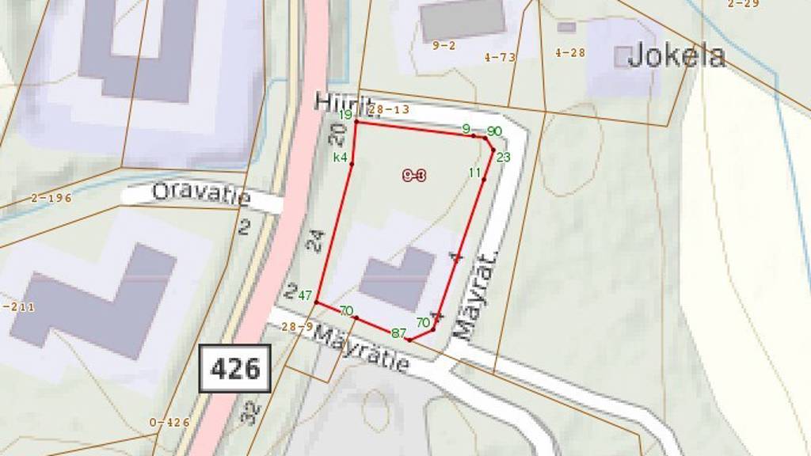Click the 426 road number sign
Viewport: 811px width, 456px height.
click(x=235, y=368)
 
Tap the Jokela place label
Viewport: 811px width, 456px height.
click(x=676, y=55)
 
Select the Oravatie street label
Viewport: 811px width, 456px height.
click(x=201, y=193)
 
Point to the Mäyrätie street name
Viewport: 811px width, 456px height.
click(x=362, y=349)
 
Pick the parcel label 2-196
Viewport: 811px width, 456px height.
click(x=51, y=198)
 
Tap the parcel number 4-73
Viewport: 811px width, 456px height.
click(x=500, y=57)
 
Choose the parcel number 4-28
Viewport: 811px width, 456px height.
click(x=569, y=53)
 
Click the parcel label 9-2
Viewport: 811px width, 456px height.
click(x=444, y=45)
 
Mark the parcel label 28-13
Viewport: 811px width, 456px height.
click(x=389, y=109)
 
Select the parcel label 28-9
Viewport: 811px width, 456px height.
click(x=297, y=326)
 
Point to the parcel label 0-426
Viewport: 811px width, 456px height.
click(x=169, y=423)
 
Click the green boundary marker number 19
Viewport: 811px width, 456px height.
click(x=345, y=116)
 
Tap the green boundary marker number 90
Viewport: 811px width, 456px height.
click(x=494, y=131)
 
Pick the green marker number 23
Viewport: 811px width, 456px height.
click(x=504, y=157)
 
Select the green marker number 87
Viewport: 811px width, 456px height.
click(x=398, y=333)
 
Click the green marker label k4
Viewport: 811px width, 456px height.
click(x=341, y=157)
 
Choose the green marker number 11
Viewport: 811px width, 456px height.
click(x=475, y=173)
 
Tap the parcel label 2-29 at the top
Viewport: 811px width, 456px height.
click(x=743, y=4)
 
